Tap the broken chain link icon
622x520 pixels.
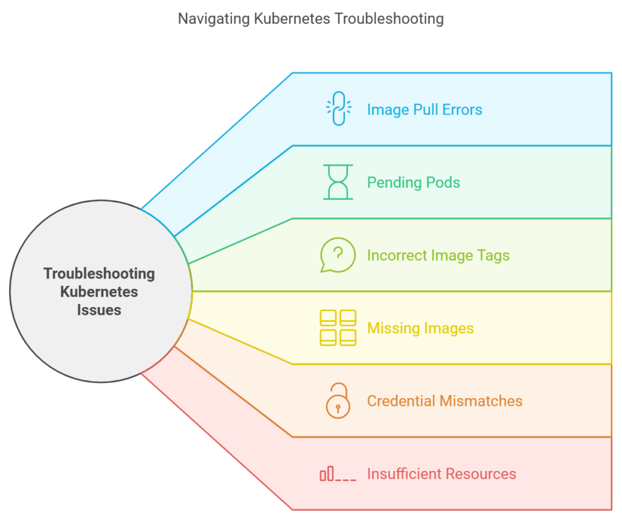pyautogui.click(x=338, y=109)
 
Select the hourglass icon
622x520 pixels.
pyautogui.click(x=338, y=182)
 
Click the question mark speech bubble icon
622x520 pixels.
pyautogui.click(x=338, y=255)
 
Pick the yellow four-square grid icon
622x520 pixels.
pyautogui.click(x=338, y=328)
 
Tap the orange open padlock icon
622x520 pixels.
pyautogui.click(x=338, y=400)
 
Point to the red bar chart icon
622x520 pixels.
pyautogui.click(x=338, y=474)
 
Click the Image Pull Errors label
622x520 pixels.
pyautogui.click(x=425, y=110)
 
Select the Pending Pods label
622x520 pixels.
pyautogui.click(x=414, y=183)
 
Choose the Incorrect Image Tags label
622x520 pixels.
pyautogui.click(x=438, y=255)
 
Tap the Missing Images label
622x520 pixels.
pyautogui.click(x=420, y=328)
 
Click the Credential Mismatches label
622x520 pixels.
pyautogui.click(x=445, y=401)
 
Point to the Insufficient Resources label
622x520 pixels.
pyautogui.click(x=442, y=474)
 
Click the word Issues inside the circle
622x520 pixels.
pyautogui.click(x=99, y=310)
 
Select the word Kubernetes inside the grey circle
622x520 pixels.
pyautogui.click(x=99, y=292)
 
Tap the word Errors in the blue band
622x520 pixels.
pyautogui.click(x=463, y=110)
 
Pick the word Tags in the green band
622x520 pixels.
pyautogui.click(x=493, y=255)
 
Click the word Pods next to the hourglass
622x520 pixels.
pyautogui.click(x=443, y=183)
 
